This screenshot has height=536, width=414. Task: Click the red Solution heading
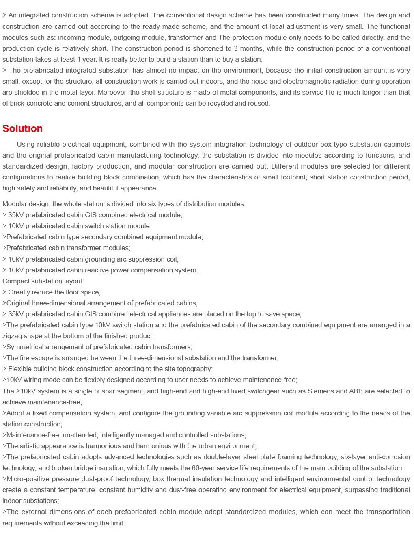tap(23, 128)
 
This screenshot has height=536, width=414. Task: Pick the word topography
tap(193, 369)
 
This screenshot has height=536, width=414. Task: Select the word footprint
tap(291, 177)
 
